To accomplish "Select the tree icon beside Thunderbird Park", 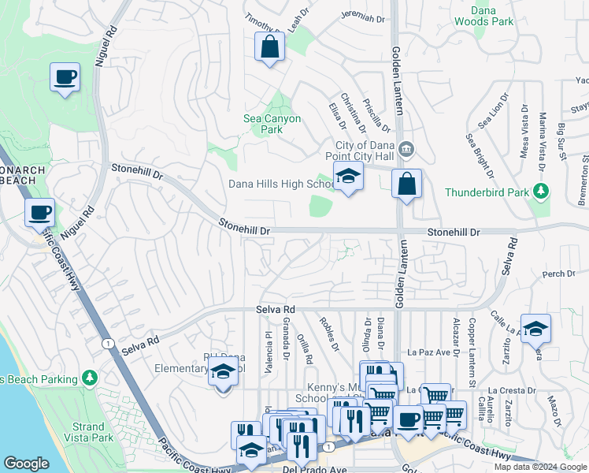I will (540, 192).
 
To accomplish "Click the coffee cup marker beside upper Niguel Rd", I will (65, 77).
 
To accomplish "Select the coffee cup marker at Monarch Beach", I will (39, 212).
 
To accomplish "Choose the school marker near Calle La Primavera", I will (535, 328).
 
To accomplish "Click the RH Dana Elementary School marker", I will (224, 371).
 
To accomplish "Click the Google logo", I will (26, 464).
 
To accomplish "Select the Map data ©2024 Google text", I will (539, 467).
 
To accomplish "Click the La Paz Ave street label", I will (426, 352).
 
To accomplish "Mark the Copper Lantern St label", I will (472, 342).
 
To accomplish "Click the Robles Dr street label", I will (329, 334).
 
